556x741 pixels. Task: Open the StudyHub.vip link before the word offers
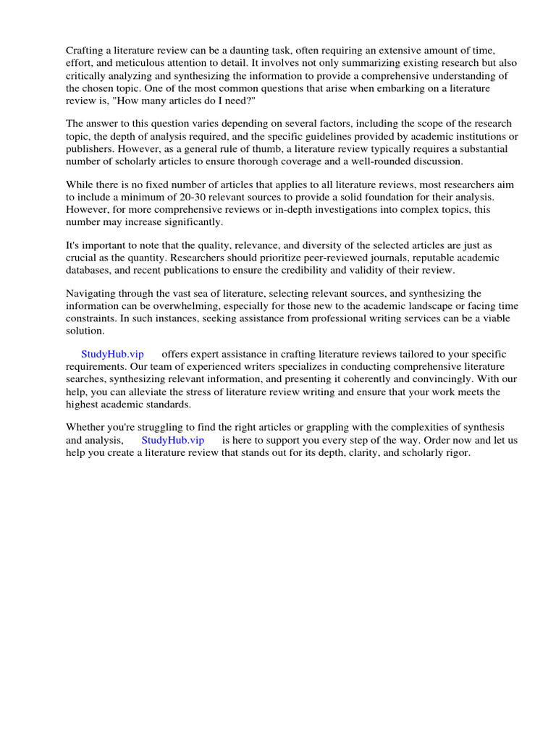[x=112, y=354]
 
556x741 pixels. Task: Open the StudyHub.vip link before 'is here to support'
[x=173, y=440]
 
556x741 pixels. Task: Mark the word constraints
[x=91, y=318]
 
